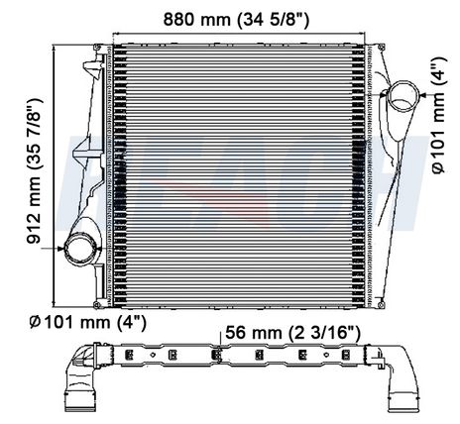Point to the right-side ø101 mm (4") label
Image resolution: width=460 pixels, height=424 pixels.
tap(439, 115)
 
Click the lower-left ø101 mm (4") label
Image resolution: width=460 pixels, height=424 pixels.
tap(87, 322)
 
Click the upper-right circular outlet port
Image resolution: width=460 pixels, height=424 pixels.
tap(402, 97)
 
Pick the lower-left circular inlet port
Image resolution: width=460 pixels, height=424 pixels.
tap(81, 249)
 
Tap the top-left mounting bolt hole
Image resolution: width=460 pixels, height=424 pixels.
tap(97, 48)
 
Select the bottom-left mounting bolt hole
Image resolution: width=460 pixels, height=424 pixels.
tap(97, 304)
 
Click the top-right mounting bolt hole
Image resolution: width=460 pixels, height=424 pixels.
tap(381, 47)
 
